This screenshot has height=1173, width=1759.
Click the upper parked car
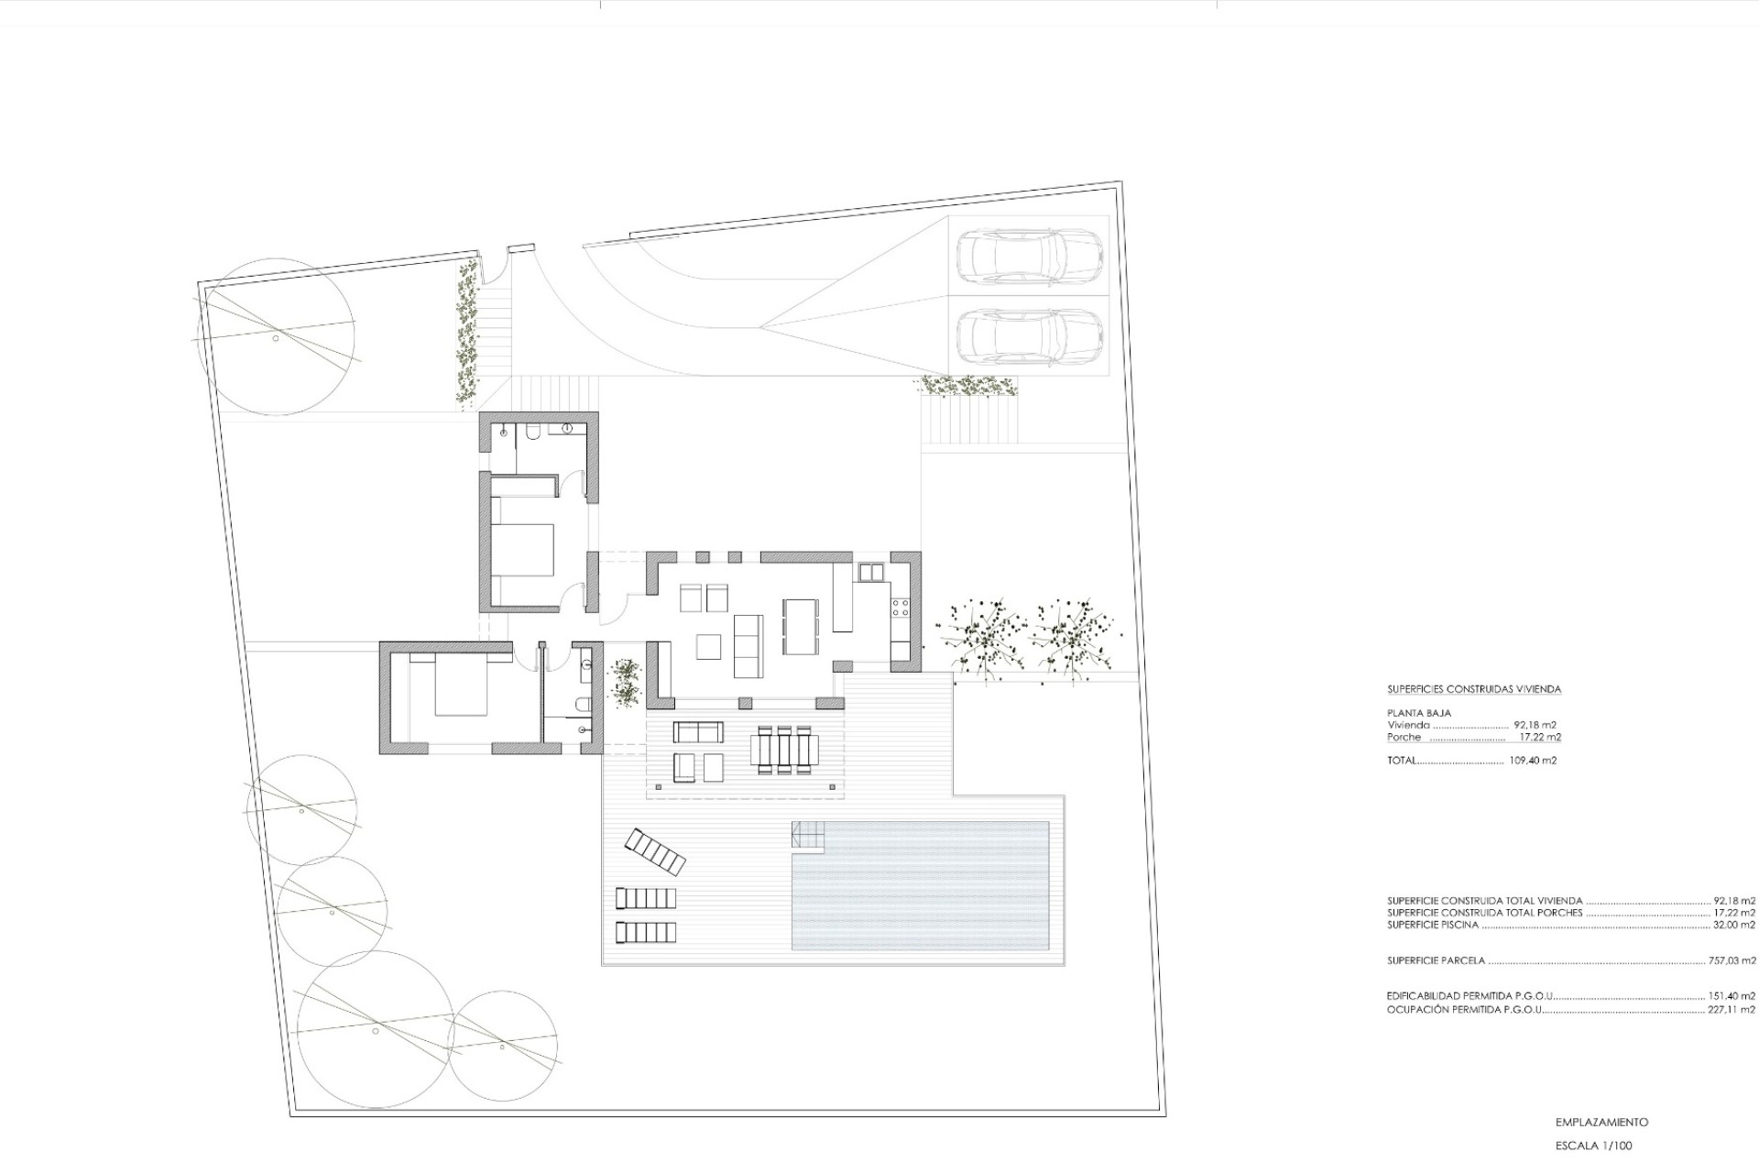click(x=1029, y=258)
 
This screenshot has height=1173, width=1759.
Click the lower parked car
click(x=1029, y=336)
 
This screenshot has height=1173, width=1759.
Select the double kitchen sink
click(x=871, y=573)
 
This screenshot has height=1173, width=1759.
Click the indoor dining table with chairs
click(x=801, y=627)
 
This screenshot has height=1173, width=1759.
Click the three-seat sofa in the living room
click(x=748, y=646)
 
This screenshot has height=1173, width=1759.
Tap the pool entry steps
click(x=808, y=835)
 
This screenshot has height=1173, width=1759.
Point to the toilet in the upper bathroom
click(x=532, y=432)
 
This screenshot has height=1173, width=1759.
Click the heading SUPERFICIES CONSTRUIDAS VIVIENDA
click(x=1473, y=689)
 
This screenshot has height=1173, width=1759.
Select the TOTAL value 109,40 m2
click(x=1533, y=761)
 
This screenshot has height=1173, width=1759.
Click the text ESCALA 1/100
click(x=1593, y=1146)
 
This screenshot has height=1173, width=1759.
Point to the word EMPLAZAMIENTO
click(x=1601, y=1122)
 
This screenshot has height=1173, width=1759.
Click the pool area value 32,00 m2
click(x=1735, y=925)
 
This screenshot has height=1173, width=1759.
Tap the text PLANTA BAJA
click(x=1419, y=713)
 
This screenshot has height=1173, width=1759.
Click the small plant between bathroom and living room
click(x=627, y=682)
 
